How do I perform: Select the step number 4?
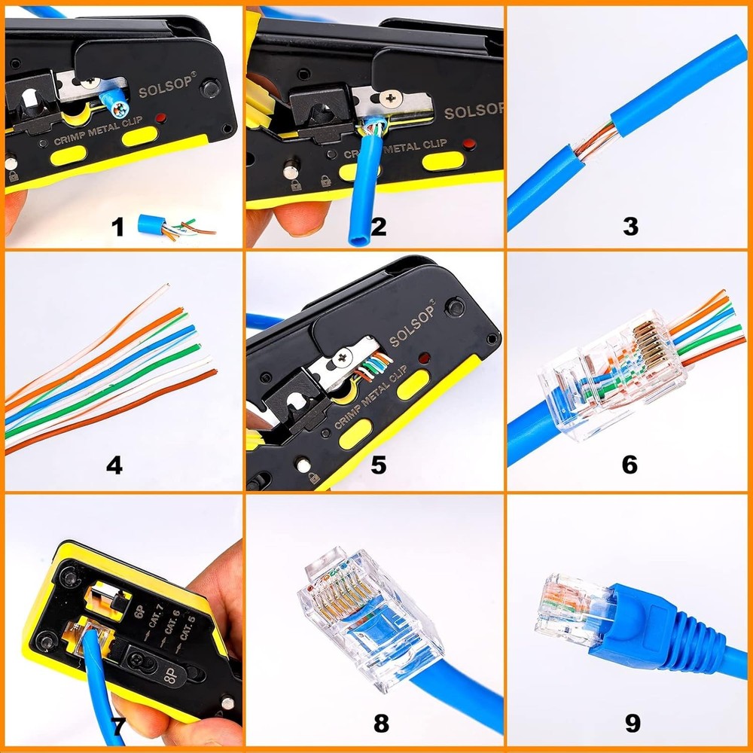114,465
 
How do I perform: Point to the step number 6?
630,465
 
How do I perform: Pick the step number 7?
117,726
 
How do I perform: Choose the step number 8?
382,724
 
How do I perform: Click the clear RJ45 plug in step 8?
369,617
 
